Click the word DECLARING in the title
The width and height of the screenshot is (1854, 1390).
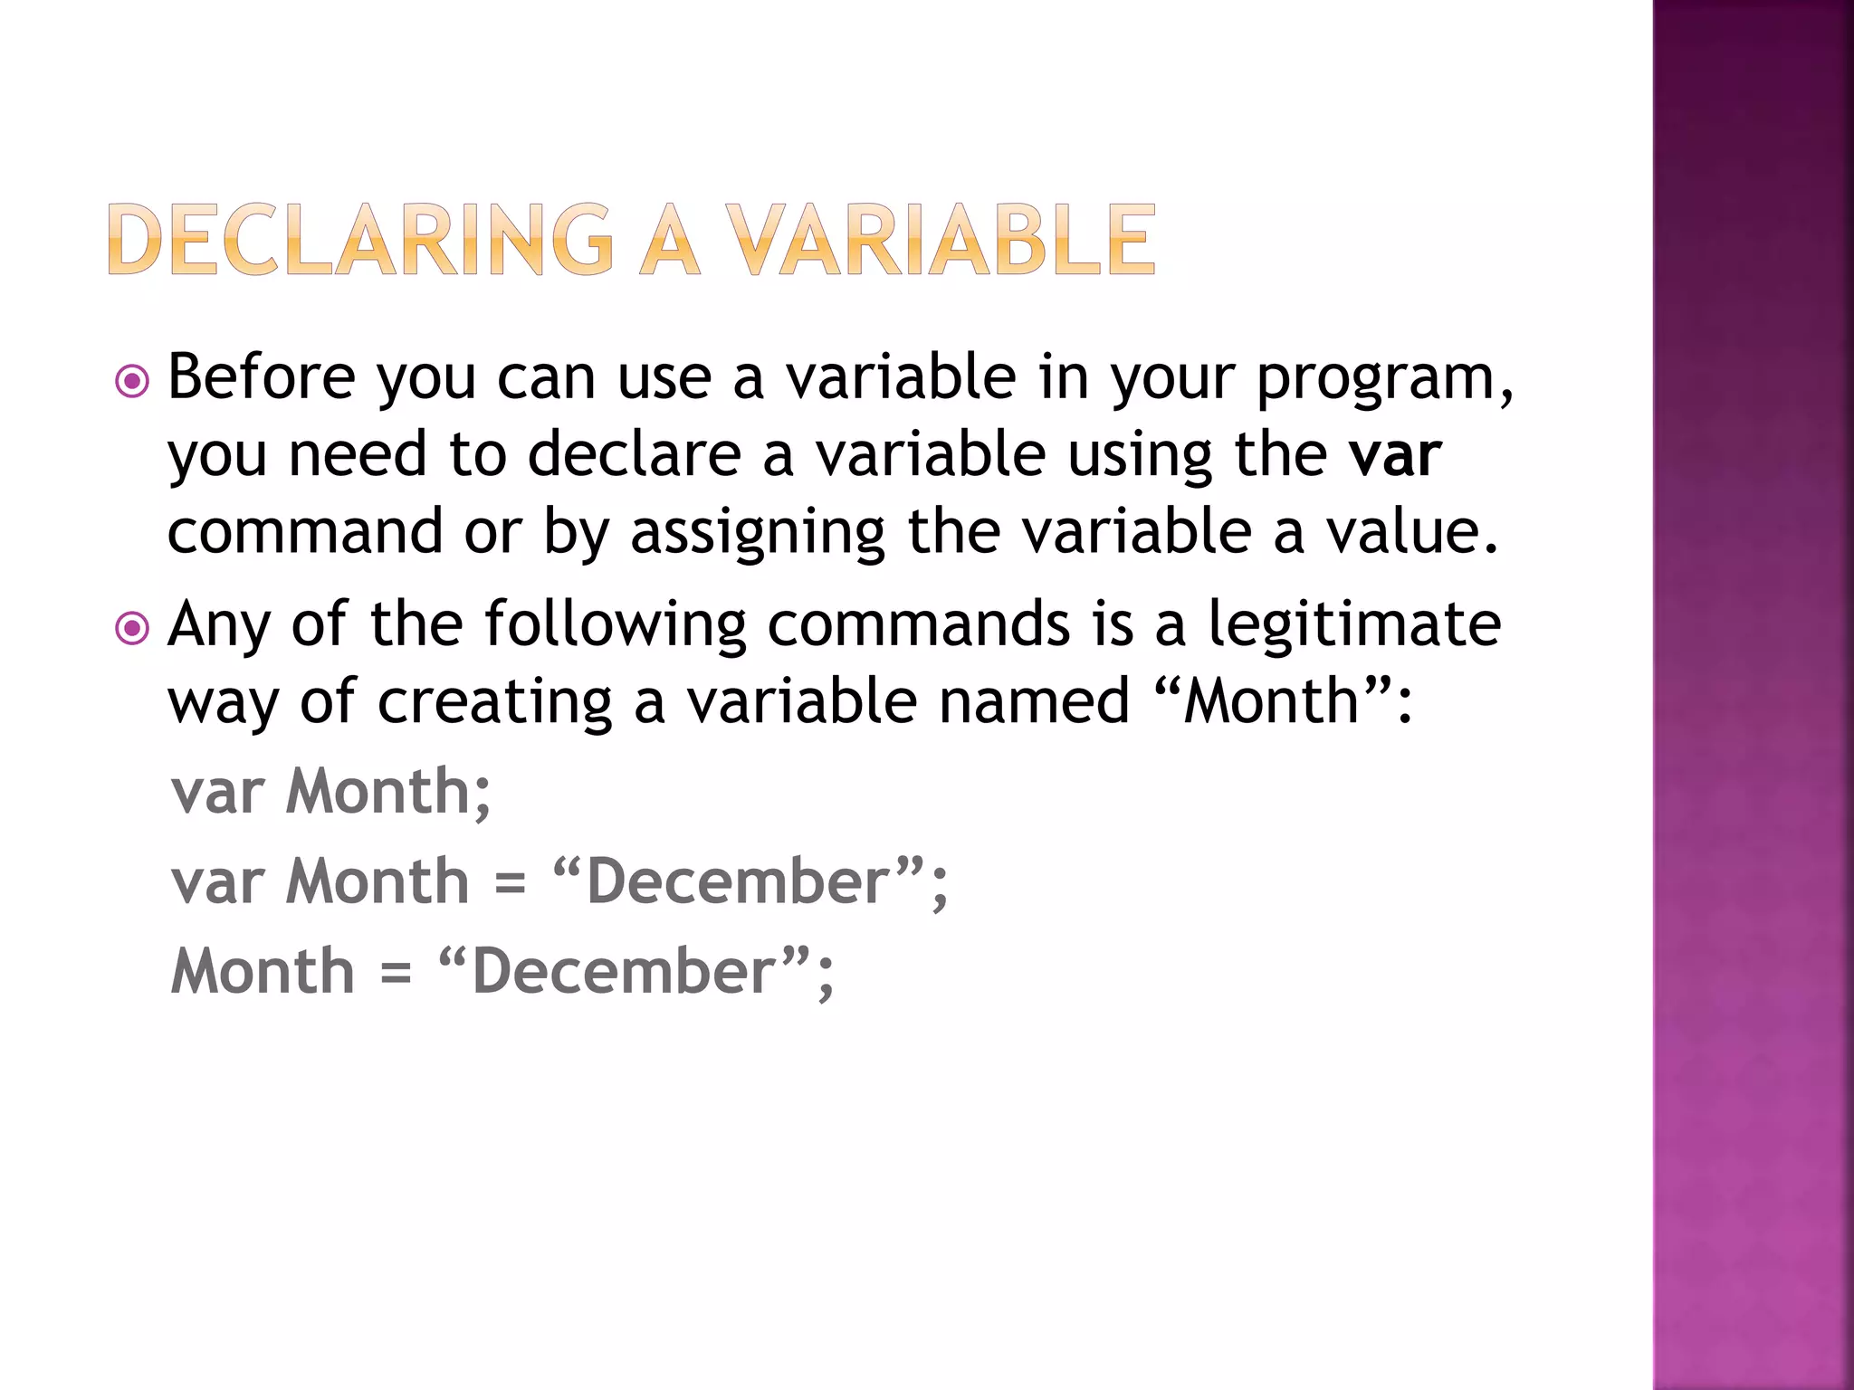362,239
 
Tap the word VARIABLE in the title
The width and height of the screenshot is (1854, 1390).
941,239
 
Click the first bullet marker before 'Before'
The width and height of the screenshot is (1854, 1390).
132,381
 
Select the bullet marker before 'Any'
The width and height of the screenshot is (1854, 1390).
132,627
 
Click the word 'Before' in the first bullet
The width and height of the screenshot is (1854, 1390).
262,376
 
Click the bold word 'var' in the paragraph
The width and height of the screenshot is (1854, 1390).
1394,454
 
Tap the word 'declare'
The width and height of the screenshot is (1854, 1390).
634,454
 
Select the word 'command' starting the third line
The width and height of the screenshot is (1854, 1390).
305,531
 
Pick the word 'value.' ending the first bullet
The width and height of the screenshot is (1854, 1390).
1412,531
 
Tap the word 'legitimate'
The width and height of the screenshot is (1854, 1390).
1354,625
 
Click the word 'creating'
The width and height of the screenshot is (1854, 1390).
494,702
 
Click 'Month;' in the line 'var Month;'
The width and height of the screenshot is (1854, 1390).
388,793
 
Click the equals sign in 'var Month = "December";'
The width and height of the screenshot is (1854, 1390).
511,883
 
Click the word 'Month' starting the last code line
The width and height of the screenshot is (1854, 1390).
263,972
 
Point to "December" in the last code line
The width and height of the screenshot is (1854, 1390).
626,972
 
